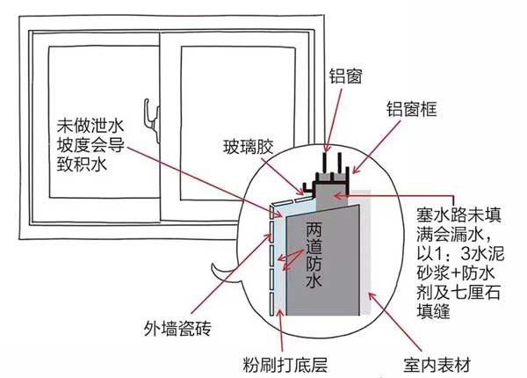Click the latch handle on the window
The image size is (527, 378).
tap(157, 123)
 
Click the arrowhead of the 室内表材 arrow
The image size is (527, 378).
tap(366, 297)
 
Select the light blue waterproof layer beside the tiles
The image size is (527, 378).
tap(284, 264)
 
